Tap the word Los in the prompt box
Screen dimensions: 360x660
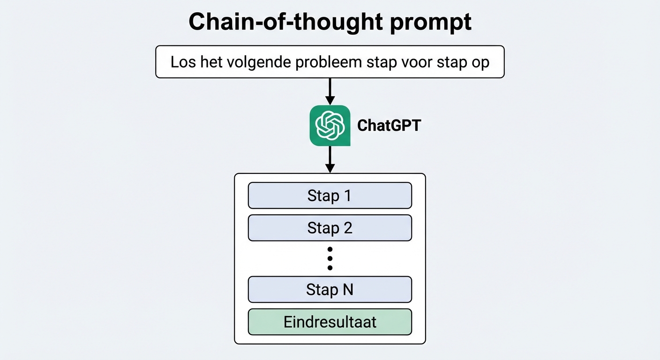(181, 62)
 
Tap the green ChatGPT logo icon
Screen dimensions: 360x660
(330, 125)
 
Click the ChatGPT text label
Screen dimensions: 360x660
(389, 125)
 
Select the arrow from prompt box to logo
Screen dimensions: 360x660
(330, 91)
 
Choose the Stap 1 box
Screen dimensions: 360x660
(330, 195)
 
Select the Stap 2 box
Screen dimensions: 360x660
(330, 228)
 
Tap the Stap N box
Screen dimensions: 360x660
(330, 289)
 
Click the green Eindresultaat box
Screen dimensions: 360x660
(330, 322)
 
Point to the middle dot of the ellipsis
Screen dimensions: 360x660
(330, 258)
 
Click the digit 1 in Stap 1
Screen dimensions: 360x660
(347, 195)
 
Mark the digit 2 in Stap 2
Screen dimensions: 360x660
(347, 228)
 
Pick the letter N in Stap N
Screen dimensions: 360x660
(347, 289)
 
